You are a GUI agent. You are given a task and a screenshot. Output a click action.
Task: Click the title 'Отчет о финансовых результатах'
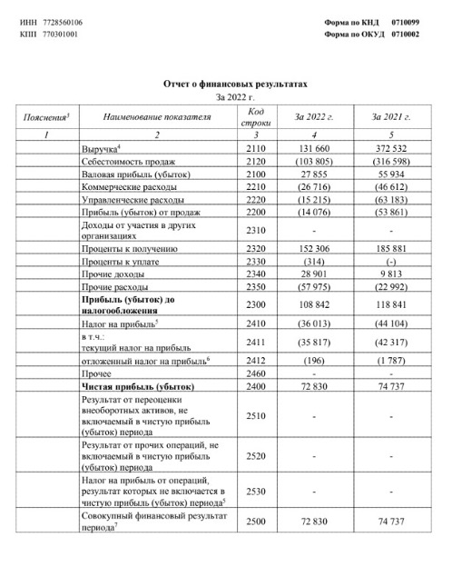tap(235, 84)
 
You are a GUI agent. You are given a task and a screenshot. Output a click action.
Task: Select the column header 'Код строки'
tap(254, 117)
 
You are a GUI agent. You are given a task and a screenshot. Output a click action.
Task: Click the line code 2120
tap(254, 160)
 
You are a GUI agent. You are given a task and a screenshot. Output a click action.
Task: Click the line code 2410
tap(254, 322)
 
